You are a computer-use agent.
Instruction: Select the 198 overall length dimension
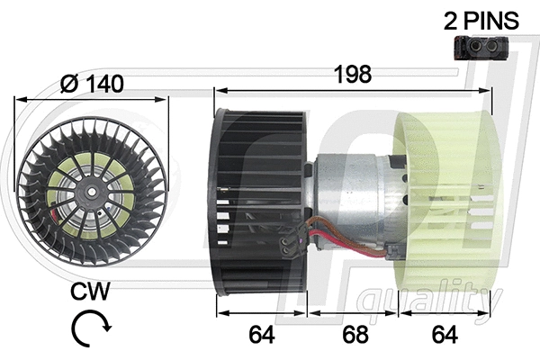353,76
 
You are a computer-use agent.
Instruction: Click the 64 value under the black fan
262,334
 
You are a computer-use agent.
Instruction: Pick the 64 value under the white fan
445,334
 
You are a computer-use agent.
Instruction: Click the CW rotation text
92,292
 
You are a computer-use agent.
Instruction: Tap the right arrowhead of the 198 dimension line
490,91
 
